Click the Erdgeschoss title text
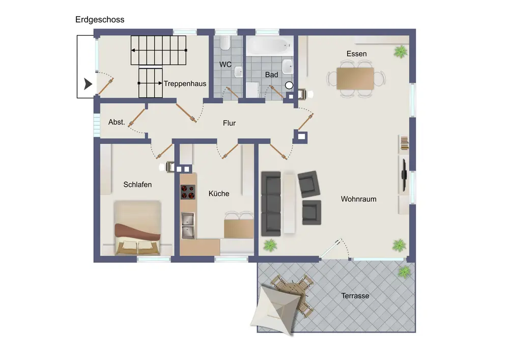coord(100,19)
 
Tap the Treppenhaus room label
coord(185,84)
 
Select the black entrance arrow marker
coord(88,84)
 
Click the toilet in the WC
coord(225,43)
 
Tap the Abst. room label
coord(117,122)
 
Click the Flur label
coord(229,123)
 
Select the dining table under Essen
coord(355,78)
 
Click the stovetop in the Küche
coord(188,192)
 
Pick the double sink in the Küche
coord(188,226)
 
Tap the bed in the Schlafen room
coord(137,228)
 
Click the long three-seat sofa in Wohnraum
coord(271,204)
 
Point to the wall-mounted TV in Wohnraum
coord(404,175)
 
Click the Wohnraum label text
coord(358,199)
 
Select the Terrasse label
coord(355,296)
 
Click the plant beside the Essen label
coord(401,51)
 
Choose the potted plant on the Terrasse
coord(405,272)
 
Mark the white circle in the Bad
coord(289,86)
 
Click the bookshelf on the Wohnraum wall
coord(404,144)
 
